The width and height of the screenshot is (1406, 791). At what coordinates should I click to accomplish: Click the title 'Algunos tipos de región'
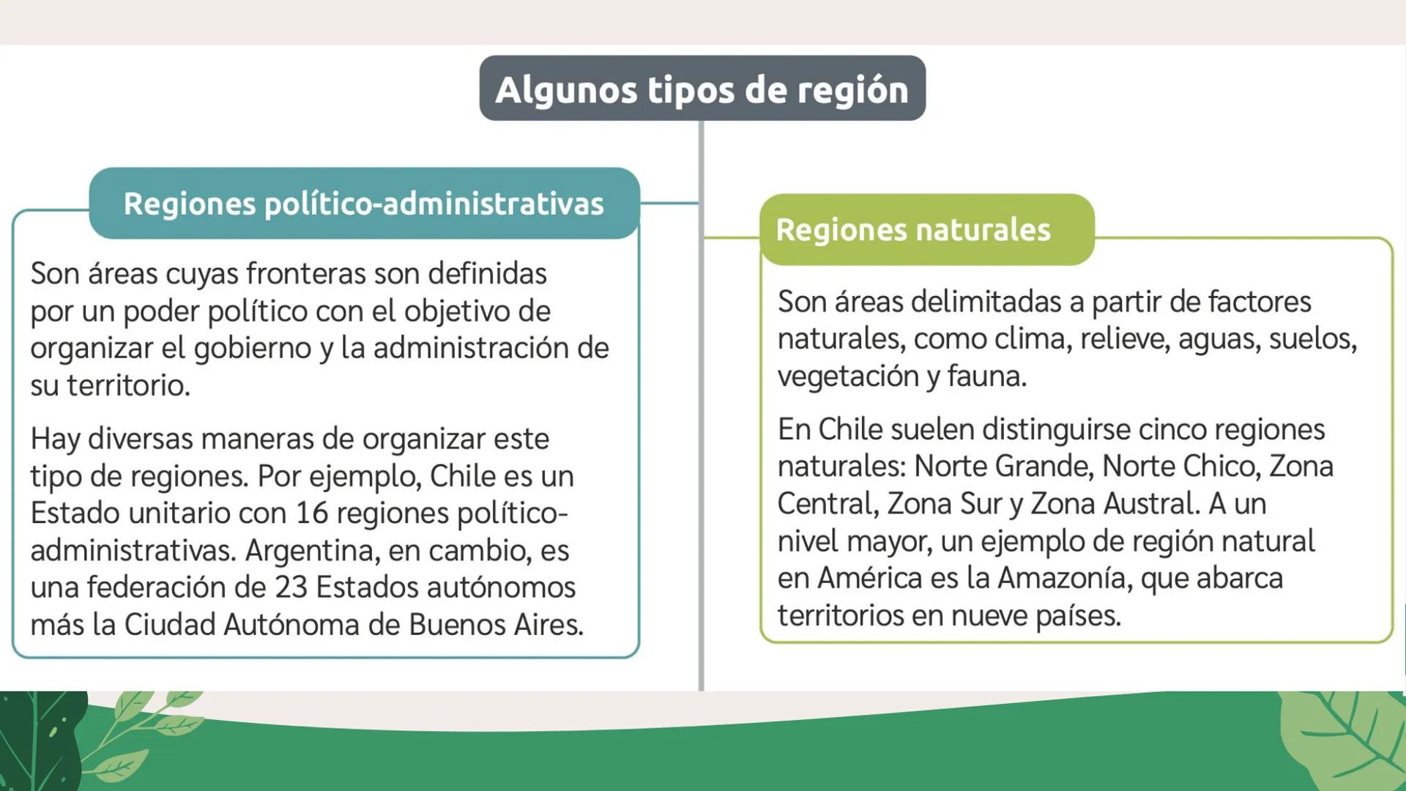coord(702,89)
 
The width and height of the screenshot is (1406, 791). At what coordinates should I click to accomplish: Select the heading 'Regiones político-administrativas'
coord(363,204)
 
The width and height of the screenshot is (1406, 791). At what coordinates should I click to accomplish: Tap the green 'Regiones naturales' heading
coord(912,230)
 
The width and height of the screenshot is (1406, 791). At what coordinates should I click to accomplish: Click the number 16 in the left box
coord(312,513)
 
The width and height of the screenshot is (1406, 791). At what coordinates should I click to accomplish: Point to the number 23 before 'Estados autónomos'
coord(291,587)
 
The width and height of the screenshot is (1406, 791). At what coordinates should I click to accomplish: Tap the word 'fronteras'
coord(305,274)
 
